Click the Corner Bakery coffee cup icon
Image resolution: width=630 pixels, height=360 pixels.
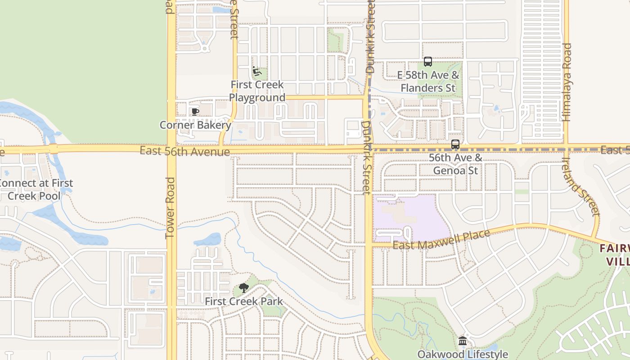click(195, 112)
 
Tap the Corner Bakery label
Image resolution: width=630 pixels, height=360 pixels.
click(195, 125)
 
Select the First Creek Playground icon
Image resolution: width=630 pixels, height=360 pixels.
click(257, 71)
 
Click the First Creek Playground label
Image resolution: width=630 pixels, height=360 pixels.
click(257, 91)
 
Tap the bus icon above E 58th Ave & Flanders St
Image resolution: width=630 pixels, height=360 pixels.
click(428, 62)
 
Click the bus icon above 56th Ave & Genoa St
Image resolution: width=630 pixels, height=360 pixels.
click(455, 144)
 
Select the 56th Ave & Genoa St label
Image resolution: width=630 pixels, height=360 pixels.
click(455, 164)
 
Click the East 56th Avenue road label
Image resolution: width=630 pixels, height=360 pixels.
click(184, 152)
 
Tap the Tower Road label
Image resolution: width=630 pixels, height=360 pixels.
click(170, 207)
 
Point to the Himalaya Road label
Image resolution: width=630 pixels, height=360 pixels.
click(567, 82)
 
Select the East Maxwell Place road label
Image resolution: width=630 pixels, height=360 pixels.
click(441, 240)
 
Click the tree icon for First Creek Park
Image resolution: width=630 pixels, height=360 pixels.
click(244, 288)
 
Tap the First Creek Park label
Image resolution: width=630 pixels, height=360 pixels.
click(244, 301)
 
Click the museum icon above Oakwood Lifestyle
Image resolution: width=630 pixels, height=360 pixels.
click(463, 341)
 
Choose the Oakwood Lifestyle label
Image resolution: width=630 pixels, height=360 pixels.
click(463, 354)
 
